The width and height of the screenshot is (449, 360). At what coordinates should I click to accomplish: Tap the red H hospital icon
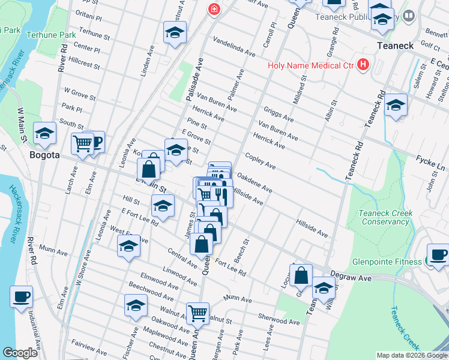(363, 64)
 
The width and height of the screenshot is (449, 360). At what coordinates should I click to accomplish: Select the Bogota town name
(44, 155)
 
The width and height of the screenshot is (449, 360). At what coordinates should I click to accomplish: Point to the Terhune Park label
(50, 35)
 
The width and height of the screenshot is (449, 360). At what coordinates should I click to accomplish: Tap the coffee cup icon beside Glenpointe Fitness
(438, 254)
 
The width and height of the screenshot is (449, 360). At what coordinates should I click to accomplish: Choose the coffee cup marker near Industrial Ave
(22, 296)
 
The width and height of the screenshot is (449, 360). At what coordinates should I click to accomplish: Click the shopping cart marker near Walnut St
(197, 313)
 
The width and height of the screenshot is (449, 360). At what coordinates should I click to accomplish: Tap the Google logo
(20, 352)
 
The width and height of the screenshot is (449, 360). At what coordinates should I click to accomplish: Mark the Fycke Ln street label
(430, 161)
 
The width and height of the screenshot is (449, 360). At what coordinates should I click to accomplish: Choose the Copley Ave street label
(260, 161)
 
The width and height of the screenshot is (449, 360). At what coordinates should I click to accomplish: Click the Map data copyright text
(411, 355)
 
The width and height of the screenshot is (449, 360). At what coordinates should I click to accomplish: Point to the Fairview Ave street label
(89, 347)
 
